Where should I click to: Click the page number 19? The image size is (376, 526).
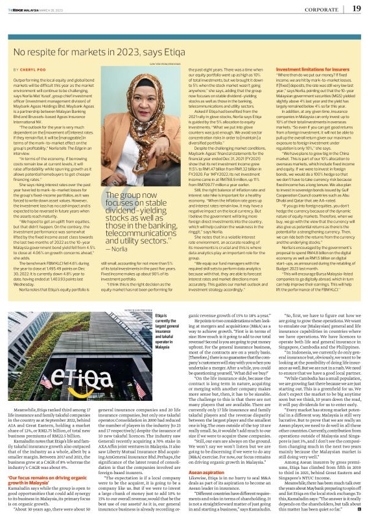tap(357, 8)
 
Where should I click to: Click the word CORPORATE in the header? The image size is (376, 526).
tap(322, 8)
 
